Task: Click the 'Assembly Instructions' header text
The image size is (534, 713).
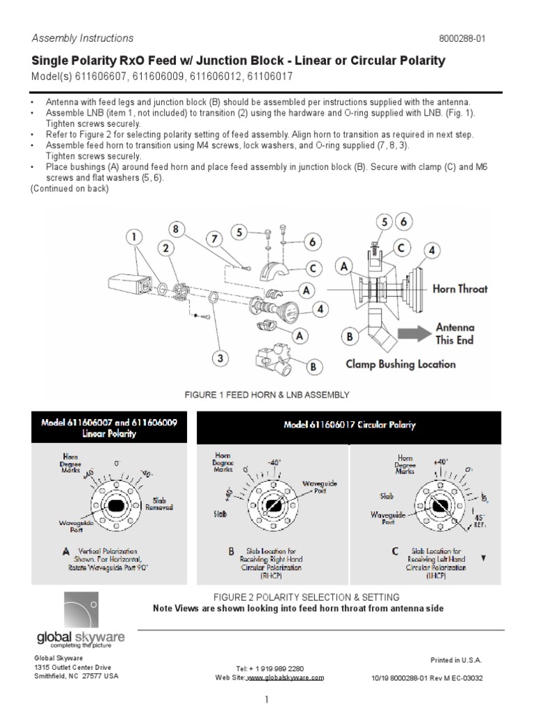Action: [x=83, y=38]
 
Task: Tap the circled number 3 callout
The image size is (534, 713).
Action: [x=220, y=359]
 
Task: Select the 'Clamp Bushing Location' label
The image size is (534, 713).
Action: [x=400, y=363]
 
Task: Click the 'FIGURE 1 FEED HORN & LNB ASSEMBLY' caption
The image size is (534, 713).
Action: [x=266, y=395]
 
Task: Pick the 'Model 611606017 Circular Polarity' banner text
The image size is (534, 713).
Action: [x=350, y=425]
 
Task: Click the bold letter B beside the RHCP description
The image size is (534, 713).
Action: [x=232, y=551]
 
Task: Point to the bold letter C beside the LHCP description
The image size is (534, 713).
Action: [x=394, y=551]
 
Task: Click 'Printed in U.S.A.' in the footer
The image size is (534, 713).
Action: [x=456, y=659]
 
